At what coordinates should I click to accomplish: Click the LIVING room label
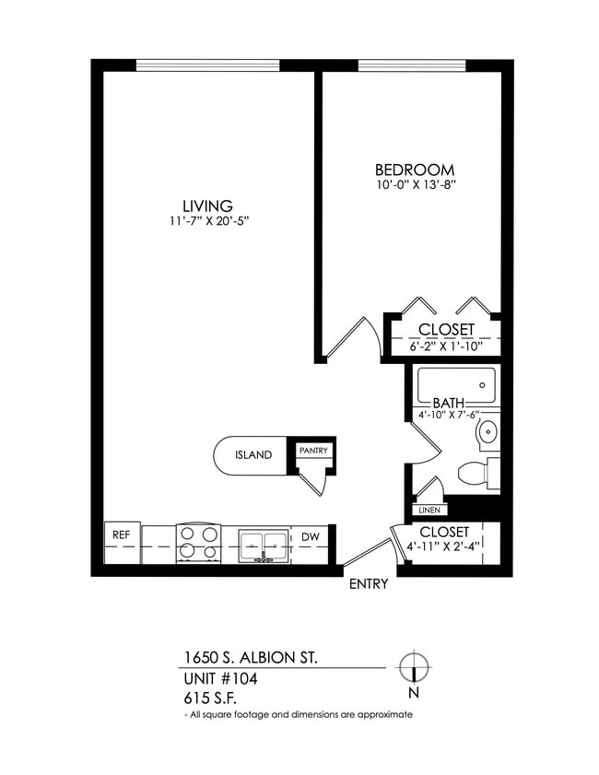(206, 205)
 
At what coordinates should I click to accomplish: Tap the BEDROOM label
(414, 170)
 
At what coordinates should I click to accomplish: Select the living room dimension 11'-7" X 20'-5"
(206, 221)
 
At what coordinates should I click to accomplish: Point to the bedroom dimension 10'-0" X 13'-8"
(414, 185)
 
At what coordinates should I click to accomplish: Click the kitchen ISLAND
(252, 454)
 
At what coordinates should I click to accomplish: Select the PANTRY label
(312, 451)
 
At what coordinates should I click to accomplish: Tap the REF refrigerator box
(121, 534)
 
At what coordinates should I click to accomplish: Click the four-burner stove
(198, 543)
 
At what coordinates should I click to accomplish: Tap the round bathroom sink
(488, 431)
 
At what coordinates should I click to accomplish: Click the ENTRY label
(368, 584)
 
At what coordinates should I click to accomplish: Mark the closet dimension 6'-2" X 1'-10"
(443, 347)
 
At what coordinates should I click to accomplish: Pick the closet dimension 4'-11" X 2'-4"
(444, 547)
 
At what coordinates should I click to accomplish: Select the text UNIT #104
(220, 679)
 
